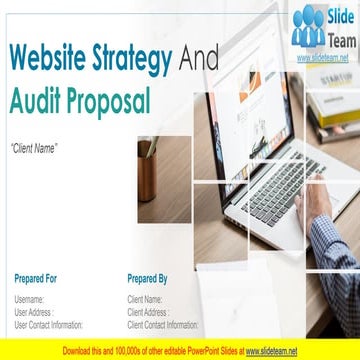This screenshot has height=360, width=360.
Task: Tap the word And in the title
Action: coord(198,61)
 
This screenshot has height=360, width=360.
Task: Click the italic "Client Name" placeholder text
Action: coord(34,148)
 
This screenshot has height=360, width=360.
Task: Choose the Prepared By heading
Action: coord(148,251)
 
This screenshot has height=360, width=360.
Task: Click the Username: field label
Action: coord(29,272)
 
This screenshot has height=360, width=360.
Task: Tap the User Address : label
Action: coord(34,284)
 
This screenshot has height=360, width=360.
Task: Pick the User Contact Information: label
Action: coord(49,297)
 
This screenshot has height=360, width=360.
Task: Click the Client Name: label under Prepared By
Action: coord(145,272)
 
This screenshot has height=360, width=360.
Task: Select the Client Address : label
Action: coord(149,284)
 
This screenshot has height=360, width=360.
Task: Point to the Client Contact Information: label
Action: coord(163,297)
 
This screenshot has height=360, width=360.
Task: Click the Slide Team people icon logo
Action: coord(307,26)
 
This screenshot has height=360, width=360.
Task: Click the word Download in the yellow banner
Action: coord(80,351)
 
